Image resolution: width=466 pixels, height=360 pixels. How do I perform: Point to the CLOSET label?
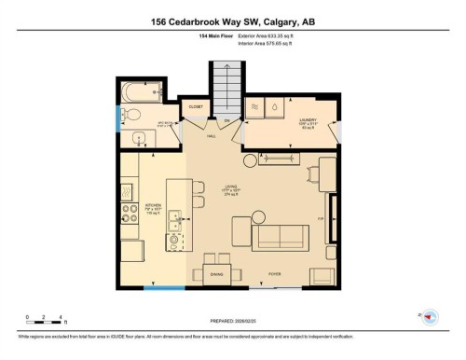[x=196, y=107]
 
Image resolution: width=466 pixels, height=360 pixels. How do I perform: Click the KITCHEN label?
[x=153, y=208]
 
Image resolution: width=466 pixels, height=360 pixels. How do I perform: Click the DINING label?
[x=217, y=274]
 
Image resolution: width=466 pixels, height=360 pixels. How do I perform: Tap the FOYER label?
[x=275, y=274]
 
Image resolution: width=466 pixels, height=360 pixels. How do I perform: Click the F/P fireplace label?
[x=320, y=217]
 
